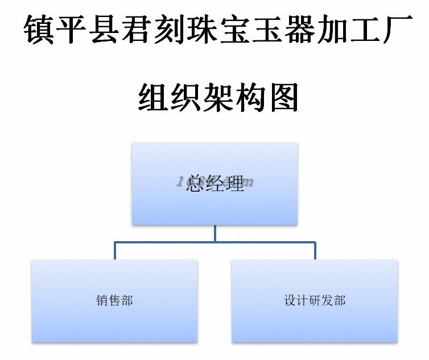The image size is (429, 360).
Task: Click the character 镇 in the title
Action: point(39,30)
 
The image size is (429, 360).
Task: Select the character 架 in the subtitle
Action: point(218,97)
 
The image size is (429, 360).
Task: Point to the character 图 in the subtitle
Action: point(283,97)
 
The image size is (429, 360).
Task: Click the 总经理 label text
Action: point(215,183)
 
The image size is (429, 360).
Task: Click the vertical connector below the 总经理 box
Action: point(215,233)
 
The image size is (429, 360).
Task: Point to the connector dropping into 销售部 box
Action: point(115,251)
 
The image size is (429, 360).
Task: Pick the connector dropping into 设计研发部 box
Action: point(315,251)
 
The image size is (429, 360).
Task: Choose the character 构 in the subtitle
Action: point(251,97)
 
